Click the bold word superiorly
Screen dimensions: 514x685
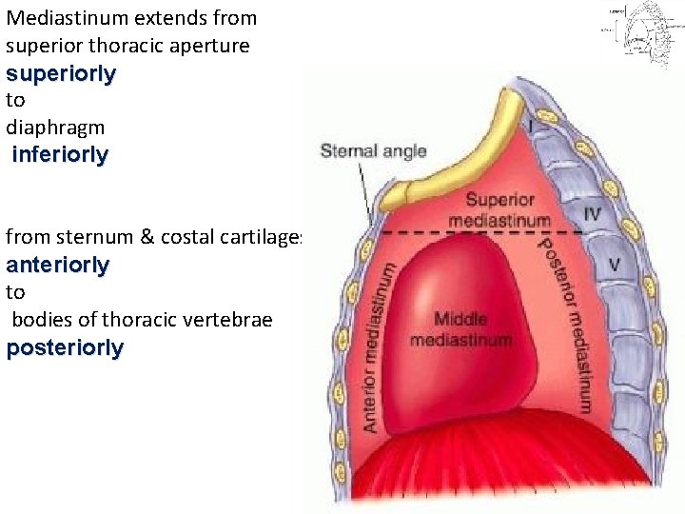click(x=61, y=73)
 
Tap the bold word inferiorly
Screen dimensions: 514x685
click(x=61, y=154)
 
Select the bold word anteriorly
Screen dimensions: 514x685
click(x=58, y=265)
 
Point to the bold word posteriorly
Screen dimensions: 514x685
click(x=65, y=347)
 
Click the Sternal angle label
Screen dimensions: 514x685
click(x=373, y=151)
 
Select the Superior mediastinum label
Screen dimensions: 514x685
click(x=507, y=210)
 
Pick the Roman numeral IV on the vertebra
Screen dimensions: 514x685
click(x=592, y=214)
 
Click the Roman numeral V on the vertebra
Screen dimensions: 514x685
click(x=614, y=264)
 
